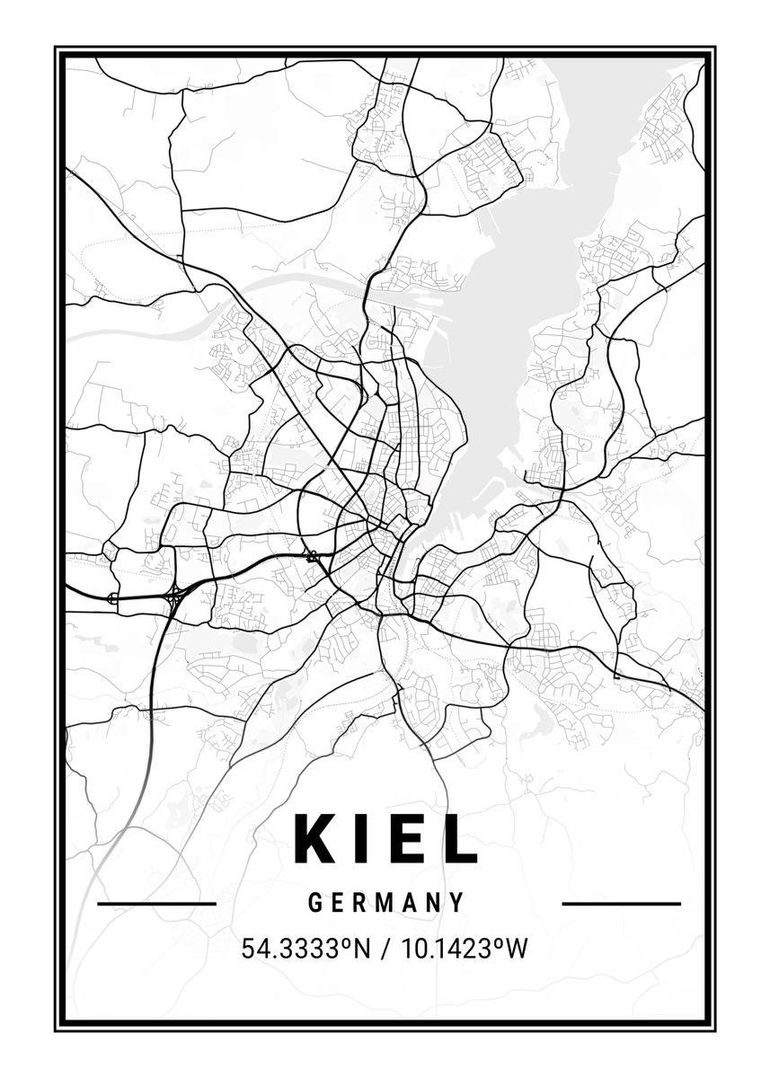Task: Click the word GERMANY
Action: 386,903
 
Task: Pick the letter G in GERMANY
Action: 315,903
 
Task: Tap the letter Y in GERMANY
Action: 458,903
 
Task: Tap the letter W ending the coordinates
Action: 516,949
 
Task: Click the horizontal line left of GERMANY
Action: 156,904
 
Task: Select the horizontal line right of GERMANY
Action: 621,904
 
